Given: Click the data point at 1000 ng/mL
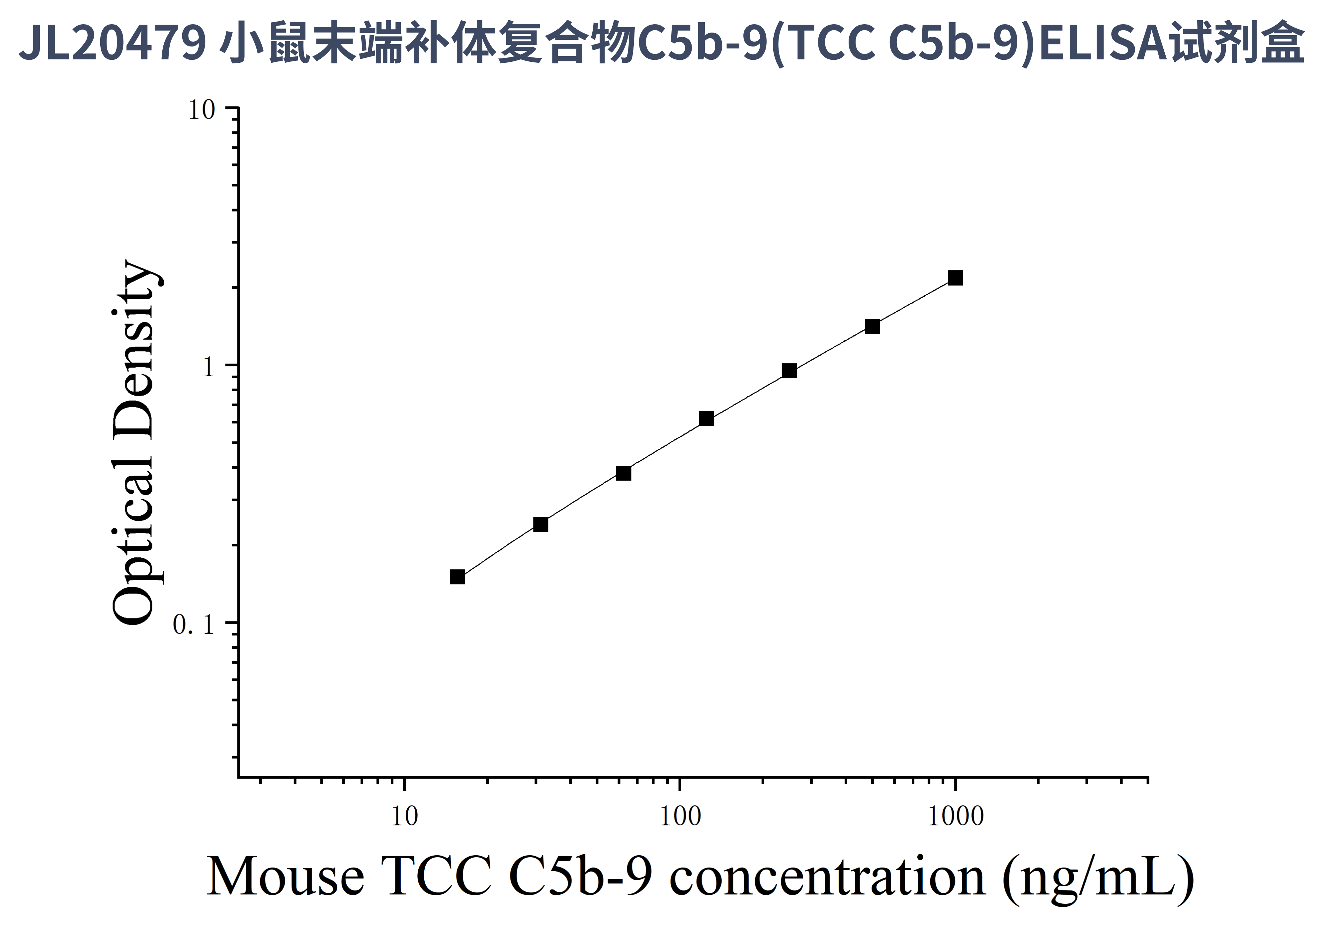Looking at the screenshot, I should (x=955, y=278).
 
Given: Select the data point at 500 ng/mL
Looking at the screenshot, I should (x=872, y=327).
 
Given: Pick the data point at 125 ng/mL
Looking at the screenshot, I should (x=706, y=419).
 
